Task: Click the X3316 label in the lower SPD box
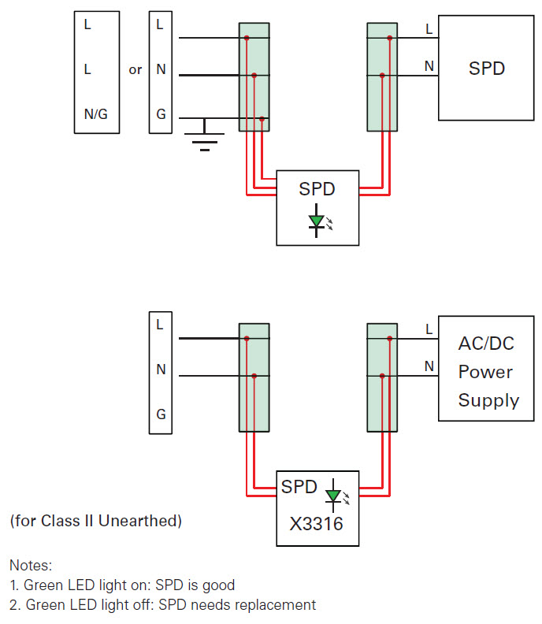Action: coord(317,524)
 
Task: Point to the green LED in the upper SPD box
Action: coord(317,221)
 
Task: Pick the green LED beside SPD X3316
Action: coord(333,496)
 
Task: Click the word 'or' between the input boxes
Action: coord(135,70)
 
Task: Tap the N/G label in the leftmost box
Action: coord(96,114)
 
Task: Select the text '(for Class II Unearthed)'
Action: coord(96,521)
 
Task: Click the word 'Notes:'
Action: coord(31,565)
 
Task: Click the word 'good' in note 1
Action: coord(218,585)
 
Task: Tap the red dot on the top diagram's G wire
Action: coord(262,119)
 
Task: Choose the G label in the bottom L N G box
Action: coord(161,414)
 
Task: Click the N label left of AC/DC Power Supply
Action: coord(429,366)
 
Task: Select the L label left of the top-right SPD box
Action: coord(429,28)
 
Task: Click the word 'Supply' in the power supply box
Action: coord(488,401)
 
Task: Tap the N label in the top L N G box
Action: coord(161,69)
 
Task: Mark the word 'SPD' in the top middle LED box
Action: coord(317,189)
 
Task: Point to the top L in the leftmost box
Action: coord(87,24)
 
